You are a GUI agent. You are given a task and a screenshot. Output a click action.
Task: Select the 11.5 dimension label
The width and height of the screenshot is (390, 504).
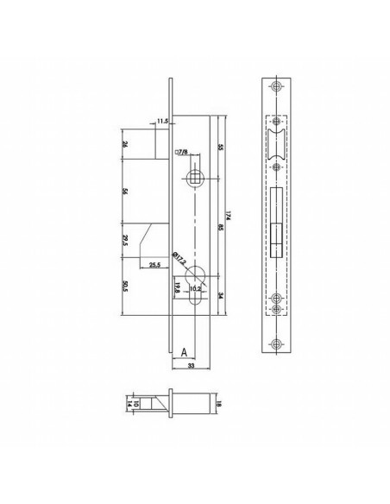163,123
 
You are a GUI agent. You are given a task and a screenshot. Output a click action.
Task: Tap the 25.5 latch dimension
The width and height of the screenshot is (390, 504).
154,264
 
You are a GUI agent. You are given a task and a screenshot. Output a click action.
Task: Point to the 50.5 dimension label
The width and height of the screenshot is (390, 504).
126,286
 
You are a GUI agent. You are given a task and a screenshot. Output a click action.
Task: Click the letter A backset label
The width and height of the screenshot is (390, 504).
183,352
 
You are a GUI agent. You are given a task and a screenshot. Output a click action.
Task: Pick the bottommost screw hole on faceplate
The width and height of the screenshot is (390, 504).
275,342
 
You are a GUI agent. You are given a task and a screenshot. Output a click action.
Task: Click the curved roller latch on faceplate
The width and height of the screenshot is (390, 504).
275,138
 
